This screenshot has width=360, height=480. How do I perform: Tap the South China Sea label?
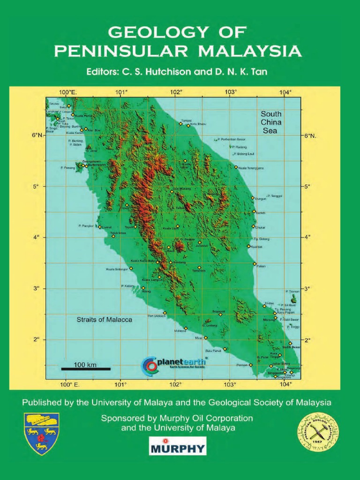271,122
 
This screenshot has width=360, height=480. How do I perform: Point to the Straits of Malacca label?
104,320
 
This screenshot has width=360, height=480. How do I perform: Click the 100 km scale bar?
85,368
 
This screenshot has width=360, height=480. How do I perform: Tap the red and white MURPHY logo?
177,446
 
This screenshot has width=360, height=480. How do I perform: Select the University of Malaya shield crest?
42,433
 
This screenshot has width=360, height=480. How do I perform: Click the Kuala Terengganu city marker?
236,167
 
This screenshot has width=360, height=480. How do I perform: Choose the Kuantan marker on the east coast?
249,246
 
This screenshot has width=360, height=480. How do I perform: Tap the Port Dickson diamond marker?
165,313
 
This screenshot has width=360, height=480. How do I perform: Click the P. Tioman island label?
292,291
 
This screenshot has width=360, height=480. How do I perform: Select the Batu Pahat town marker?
225,349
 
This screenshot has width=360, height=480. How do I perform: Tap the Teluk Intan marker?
113,236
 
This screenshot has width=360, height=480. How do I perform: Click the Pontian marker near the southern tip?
251,365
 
